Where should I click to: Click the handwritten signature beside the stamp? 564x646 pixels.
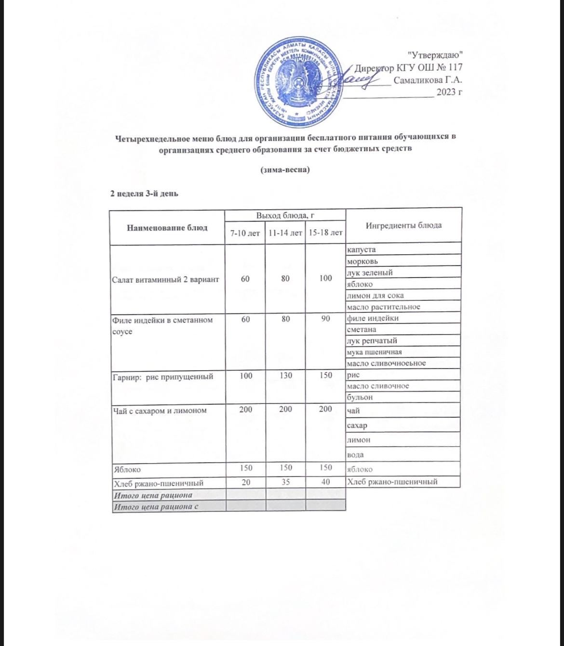pos(357,79)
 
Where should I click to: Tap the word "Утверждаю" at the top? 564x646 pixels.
pos(435,55)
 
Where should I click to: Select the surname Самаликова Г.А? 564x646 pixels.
pos(428,80)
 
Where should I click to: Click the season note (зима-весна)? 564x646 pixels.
pos(285,170)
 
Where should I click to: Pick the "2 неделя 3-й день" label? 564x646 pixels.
pos(145,194)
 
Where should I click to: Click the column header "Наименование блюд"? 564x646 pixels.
pos(167,227)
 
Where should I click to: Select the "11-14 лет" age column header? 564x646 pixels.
pos(285,233)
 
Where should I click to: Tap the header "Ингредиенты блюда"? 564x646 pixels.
pos(403,225)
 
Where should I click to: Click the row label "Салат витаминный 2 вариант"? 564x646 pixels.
pos(165,279)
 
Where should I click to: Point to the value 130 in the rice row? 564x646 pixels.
pos(285,375)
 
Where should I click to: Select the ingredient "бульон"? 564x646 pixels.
pos(360,398)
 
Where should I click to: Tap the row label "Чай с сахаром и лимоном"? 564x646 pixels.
pos(159,410)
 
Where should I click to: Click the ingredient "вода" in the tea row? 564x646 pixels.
pos(355,455)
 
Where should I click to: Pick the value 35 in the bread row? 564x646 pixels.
pos(285,482)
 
